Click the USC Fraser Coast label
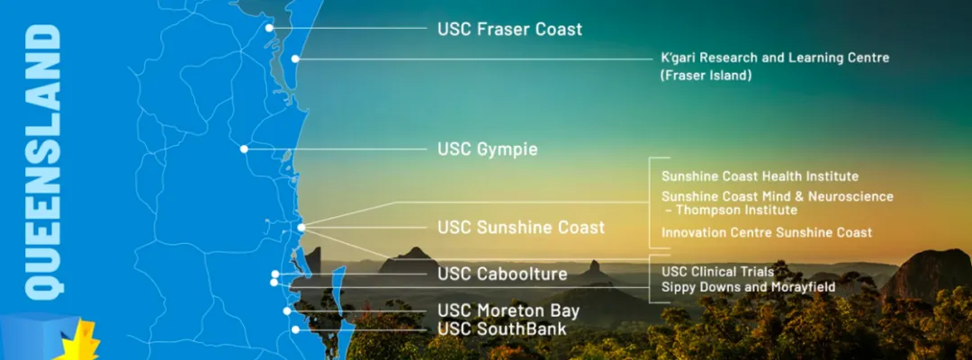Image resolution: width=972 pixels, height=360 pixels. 509,29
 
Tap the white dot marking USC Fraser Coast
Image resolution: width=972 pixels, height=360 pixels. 269,28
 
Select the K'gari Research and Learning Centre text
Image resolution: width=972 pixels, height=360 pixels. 775,58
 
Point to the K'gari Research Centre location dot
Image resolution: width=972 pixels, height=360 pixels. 296,58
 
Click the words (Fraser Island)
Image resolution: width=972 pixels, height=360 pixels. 706,76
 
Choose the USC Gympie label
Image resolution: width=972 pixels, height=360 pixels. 487,149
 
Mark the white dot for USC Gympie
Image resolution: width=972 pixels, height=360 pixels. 244,148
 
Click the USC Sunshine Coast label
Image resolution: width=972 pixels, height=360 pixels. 521,228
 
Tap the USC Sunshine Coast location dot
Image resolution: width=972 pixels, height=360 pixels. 301,228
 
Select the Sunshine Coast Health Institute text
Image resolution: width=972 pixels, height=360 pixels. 760,176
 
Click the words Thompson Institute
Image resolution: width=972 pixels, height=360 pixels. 736,210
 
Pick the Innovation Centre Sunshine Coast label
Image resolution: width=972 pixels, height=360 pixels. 767,233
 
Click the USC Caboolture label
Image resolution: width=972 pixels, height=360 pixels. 502,274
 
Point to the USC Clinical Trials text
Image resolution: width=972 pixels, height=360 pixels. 718,272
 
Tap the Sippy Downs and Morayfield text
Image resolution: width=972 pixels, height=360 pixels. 748,287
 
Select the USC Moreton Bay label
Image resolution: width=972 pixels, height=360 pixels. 508,310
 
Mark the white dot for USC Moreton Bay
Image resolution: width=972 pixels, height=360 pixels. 287,311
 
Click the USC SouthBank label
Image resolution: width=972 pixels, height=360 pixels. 502,328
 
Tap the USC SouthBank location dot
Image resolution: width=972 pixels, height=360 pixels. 296,329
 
